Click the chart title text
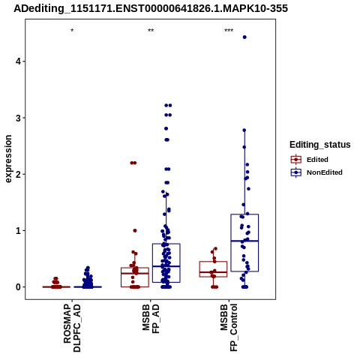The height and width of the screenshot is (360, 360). coord(151,8)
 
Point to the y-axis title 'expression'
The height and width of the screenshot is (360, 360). coord(8,159)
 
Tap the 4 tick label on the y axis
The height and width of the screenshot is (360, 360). coord(18,61)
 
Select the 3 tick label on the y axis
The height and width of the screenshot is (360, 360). coord(18,118)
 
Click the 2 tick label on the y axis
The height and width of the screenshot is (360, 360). coord(18,174)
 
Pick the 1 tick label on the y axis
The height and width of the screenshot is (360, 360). coord(18,231)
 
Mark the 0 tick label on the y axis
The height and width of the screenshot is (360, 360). coord(18,287)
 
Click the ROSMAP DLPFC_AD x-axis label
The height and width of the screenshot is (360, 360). coord(72,328)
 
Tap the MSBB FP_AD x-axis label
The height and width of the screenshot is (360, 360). coord(151,319)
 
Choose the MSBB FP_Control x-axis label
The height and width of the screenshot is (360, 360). coord(229,328)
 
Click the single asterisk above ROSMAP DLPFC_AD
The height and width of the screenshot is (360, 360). coord(72,31)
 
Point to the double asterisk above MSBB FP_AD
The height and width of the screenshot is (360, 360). coord(151,31)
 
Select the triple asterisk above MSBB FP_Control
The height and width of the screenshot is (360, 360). coord(229,31)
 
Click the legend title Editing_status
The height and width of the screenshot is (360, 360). coord(320,145)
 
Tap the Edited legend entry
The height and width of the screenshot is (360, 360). coord(310,160)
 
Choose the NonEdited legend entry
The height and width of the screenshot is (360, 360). coord(316,172)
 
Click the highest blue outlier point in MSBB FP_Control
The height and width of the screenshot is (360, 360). coord(244,37)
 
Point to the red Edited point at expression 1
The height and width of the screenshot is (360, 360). coord(135,230)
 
